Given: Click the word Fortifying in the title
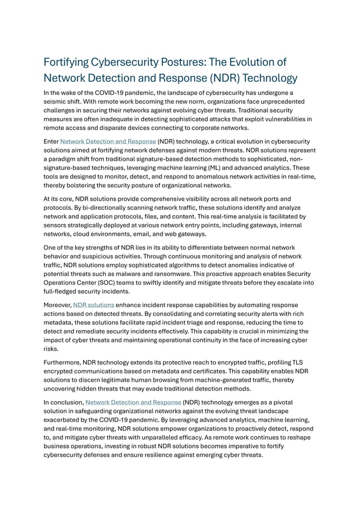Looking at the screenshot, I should [71, 62].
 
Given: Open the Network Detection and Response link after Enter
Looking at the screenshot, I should [108, 141].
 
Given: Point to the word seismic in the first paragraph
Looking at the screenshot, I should [57, 102].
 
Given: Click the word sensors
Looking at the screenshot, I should [58, 226].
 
